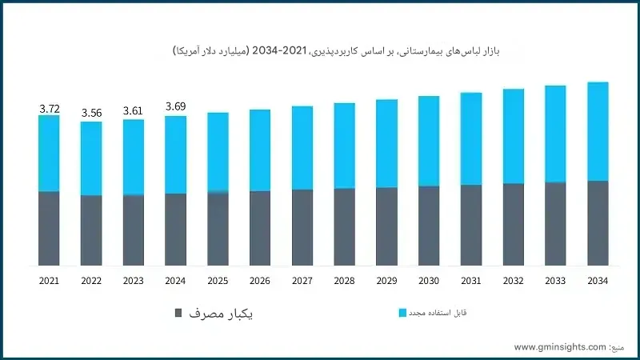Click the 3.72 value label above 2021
point(49,107)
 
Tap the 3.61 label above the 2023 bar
point(134,111)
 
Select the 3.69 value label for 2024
point(176,106)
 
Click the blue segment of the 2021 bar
point(49,153)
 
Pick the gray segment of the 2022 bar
point(91,230)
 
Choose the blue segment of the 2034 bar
point(598,131)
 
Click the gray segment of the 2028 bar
point(345,226)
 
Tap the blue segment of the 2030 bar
point(429,141)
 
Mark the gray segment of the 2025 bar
point(218,229)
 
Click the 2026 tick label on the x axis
point(260,281)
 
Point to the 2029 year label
point(386,281)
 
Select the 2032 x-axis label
point(513,281)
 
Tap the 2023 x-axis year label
point(134,281)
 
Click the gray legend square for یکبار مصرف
point(178,312)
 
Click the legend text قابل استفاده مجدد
point(438,313)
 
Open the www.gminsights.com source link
point(560,347)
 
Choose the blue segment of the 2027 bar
point(302,147)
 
